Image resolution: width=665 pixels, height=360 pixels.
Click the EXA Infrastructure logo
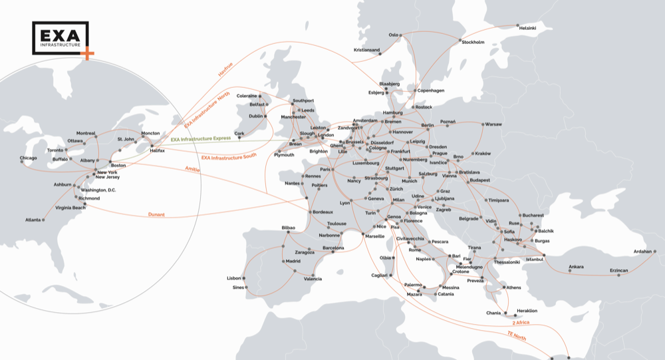click(x=61, y=39)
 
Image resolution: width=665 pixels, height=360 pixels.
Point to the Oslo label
click(x=393, y=35)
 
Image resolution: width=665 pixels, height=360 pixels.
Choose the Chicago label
click(x=29, y=158)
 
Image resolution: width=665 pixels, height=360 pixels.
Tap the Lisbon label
click(x=234, y=277)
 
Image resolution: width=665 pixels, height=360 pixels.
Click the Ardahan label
click(x=642, y=252)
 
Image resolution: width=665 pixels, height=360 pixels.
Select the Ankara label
click(x=576, y=267)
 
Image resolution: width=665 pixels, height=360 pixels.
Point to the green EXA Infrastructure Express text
click(x=200, y=139)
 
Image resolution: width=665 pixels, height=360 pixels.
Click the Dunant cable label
click(x=156, y=215)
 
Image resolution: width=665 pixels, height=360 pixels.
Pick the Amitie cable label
click(x=192, y=170)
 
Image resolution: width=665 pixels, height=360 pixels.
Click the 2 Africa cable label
click(x=520, y=322)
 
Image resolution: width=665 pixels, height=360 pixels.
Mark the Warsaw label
click(x=493, y=124)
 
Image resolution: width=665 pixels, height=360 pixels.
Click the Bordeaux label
click(x=323, y=212)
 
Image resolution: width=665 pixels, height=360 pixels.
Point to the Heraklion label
click(x=527, y=311)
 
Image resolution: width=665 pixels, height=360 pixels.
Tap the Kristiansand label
click(x=367, y=50)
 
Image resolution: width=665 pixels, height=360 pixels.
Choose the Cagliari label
click(x=378, y=275)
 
